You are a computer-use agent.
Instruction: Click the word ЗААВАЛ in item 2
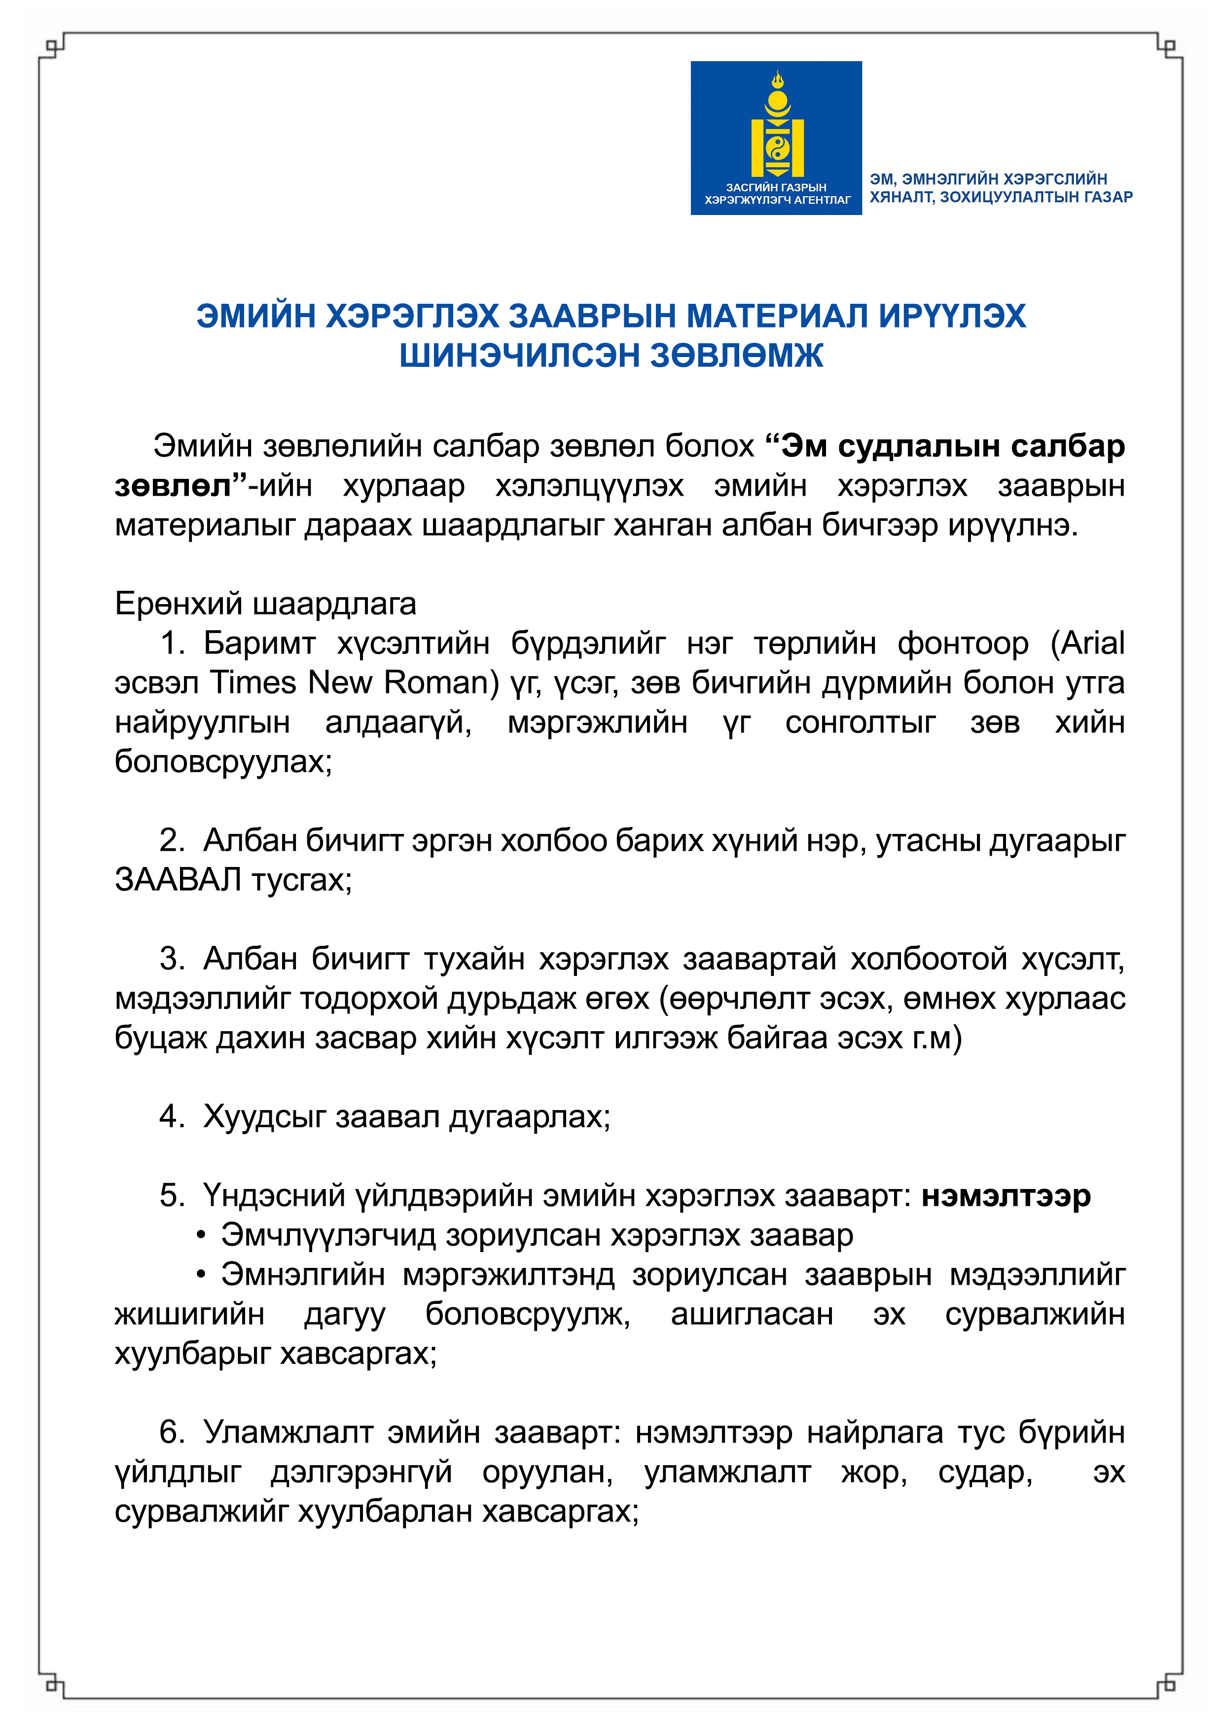(178, 879)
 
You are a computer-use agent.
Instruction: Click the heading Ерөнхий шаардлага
(265, 604)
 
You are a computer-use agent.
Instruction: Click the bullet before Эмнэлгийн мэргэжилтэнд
(200, 1275)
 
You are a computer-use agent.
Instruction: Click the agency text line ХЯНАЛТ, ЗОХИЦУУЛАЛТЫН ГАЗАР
(1001, 197)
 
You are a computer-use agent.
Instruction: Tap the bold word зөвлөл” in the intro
(180, 485)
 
